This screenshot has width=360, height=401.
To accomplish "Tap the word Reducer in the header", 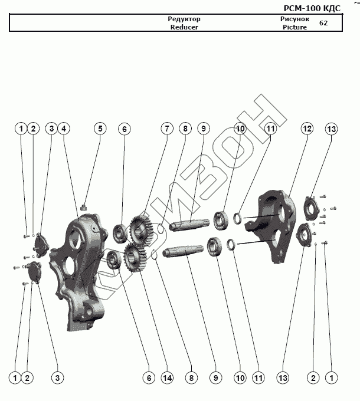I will click(x=184, y=27).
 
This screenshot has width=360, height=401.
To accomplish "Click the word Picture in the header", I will click(x=294, y=27).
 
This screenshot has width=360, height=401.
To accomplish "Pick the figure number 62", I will click(x=323, y=23).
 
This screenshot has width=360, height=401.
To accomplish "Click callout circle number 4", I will click(x=64, y=129).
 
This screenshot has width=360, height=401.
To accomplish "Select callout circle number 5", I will click(x=100, y=129).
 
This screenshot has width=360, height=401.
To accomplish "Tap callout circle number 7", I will click(x=167, y=129).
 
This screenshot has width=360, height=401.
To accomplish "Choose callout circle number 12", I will click(x=307, y=129).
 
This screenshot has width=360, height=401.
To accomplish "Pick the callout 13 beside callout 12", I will click(x=331, y=129).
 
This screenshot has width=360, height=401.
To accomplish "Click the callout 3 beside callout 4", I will click(x=51, y=129).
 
